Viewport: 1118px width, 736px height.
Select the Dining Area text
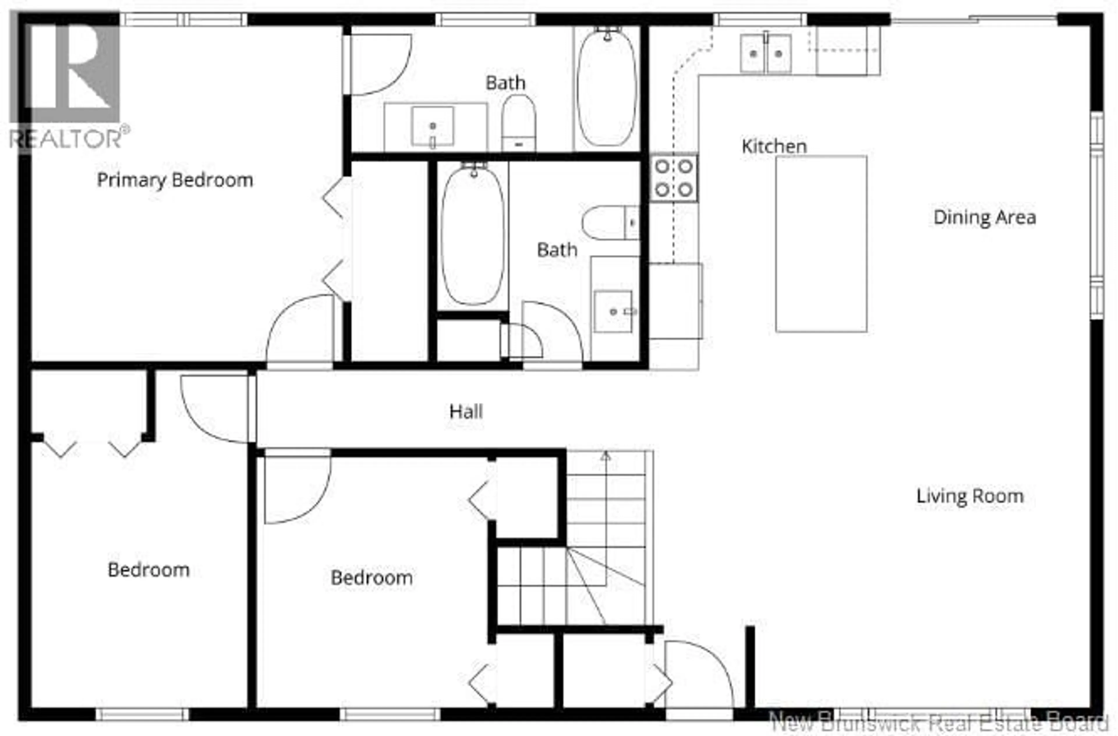pos(985,217)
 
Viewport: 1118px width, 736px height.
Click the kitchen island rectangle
pos(821,244)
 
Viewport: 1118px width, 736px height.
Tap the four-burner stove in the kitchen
pos(674,178)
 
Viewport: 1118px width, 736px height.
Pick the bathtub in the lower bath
pos(473,235)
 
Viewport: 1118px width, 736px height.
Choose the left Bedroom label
pos(148,570)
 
